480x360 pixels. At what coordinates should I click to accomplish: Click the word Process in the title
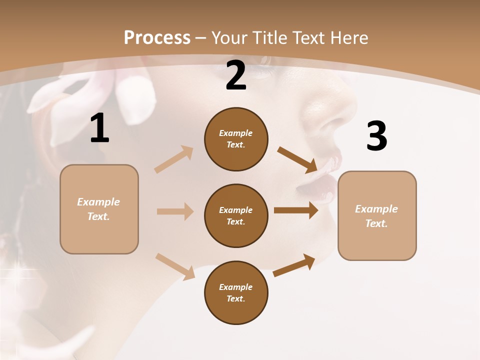click(x=157, y=38)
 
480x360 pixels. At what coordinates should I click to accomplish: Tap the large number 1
click(x=99, y=128)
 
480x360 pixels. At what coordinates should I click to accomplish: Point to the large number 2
click(x=236, y=75)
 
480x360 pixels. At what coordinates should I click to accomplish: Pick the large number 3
click(x=376, y=136)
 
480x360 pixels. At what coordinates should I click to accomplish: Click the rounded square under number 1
click(x=99, y=209)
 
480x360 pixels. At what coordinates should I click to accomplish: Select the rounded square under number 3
click(x=377, y=215)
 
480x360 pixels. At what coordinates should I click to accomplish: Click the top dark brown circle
click(x=236, y=139)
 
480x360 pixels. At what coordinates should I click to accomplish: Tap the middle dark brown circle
click(x=236, y=215)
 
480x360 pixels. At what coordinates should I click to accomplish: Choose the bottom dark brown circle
click(x=236, y=292)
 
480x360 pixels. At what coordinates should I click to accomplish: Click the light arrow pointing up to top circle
click(x=174, y=159)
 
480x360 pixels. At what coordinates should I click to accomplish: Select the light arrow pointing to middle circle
click(x=175, y=211)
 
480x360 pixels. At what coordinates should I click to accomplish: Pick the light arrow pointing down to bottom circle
click(x=175, y=266)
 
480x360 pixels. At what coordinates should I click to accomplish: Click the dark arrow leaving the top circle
click(x=297, y=159)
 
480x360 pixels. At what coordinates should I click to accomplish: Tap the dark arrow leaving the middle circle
click(x=296, y=210)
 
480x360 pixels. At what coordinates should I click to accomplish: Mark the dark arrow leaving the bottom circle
click(x=294, y=265)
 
